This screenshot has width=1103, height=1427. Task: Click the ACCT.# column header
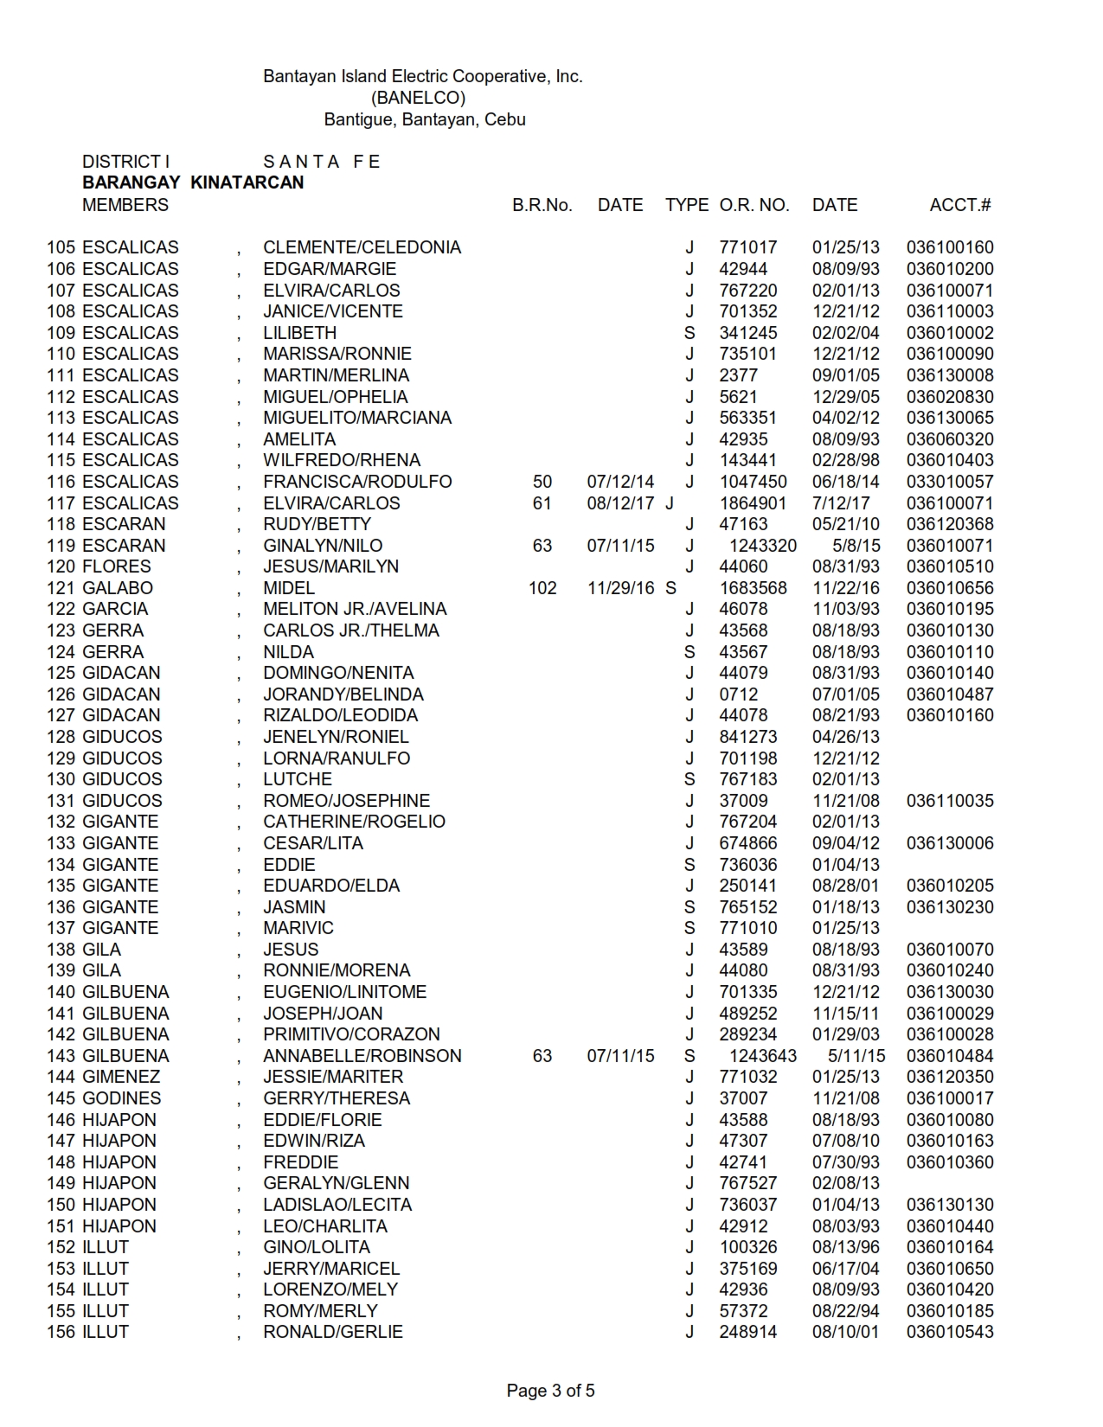pos(959,205)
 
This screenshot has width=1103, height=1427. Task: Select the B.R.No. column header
pos(542,205)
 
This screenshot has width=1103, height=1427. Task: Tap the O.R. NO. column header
pos(754,205)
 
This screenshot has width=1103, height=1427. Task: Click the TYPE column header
pos(687,205)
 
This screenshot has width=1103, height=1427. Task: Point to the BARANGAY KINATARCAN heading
pos(193,182)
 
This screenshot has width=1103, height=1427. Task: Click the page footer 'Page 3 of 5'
pos(550,1391)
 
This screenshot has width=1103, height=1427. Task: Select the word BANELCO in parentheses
pos(418,98)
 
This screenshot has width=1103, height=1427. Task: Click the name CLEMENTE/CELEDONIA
pos(362,247)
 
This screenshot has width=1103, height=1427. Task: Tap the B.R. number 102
pos(542,588)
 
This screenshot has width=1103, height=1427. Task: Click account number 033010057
pos(950,482)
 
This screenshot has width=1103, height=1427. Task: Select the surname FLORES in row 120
pos(117,566)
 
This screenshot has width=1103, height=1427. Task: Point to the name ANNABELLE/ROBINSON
pos(362,1056)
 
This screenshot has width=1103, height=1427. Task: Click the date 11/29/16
pos(620,588)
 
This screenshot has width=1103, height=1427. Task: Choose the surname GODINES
pos(121,1098)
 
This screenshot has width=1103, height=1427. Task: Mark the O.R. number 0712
pos(738,694)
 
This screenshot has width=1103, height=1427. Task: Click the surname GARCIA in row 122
pos(117,609)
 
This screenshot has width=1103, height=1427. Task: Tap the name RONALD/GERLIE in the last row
pos(333,1332)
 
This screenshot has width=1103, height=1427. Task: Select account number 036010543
pos(950,1332)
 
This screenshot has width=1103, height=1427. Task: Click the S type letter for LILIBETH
pos(689,333)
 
